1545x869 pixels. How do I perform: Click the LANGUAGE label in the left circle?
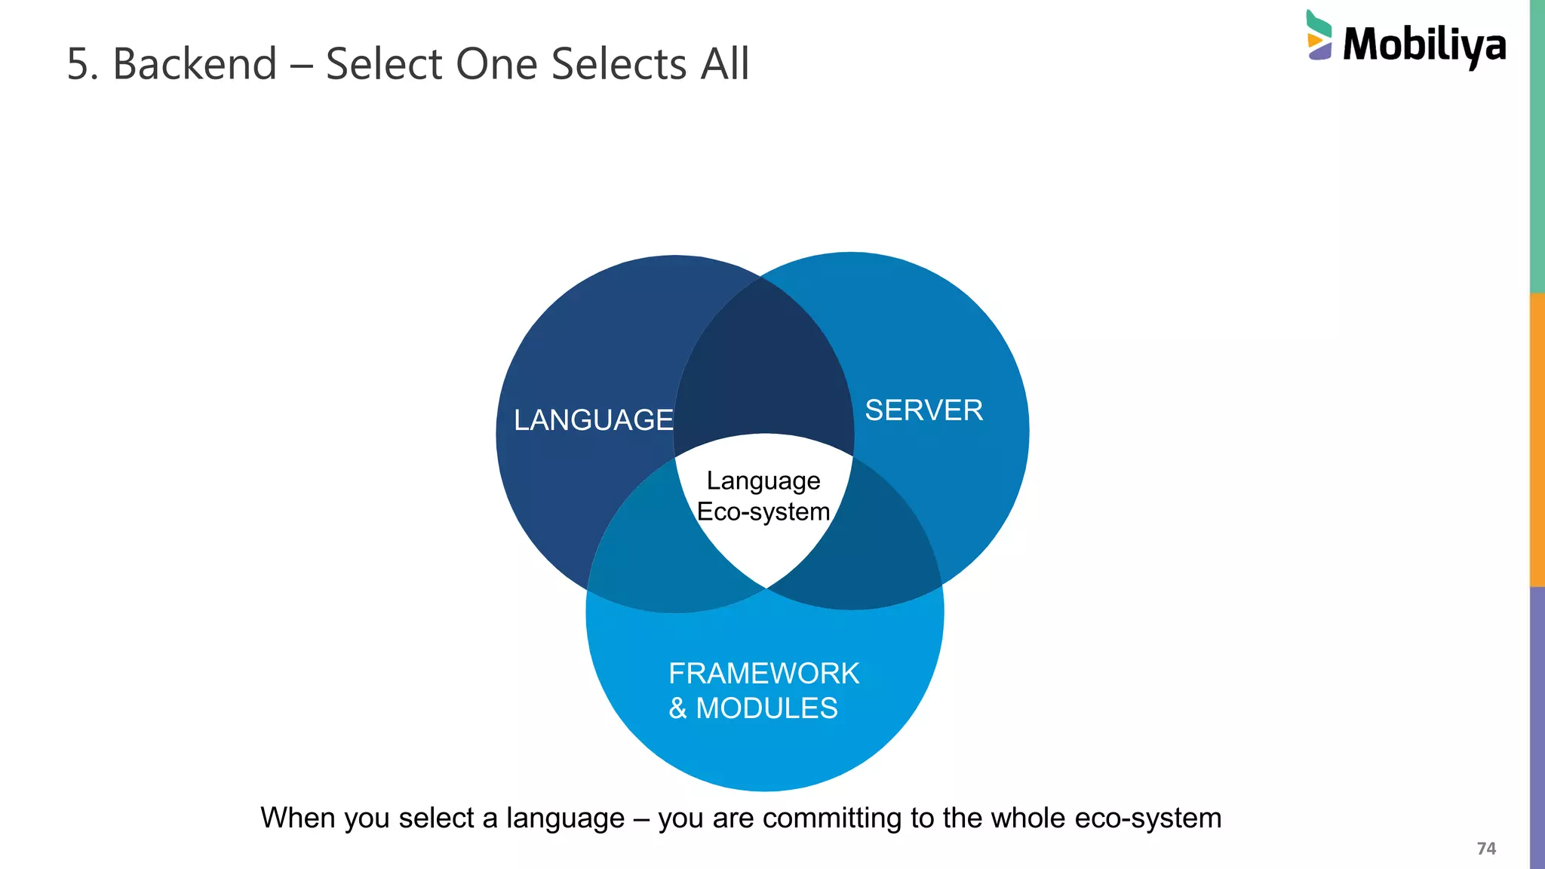(593, 420)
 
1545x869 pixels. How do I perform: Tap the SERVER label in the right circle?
(923, 410)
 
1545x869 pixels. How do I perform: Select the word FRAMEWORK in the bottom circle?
(763, 673)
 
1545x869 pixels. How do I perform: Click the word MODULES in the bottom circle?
(766, 708)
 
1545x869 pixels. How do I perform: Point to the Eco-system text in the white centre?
(763, 511)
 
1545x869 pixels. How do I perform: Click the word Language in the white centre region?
(763, 481)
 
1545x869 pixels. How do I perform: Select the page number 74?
(1485, 849)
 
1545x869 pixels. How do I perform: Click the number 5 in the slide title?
(78, 64)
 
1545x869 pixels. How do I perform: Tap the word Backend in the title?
(195, 63)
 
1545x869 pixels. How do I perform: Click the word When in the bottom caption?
(298, 818)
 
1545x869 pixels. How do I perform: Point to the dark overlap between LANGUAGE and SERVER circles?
(763, 362)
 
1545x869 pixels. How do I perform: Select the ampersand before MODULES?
(677, 708)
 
